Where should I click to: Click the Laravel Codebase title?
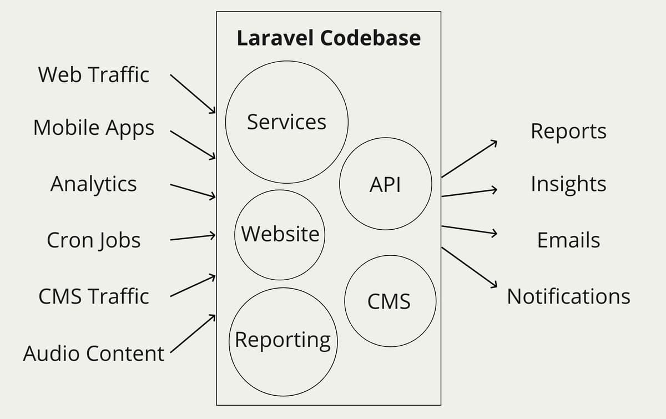click(329, 38)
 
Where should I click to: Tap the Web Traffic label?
click(94, 74)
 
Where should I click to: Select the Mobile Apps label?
click(94, 128)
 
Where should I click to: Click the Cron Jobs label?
click(94, 240)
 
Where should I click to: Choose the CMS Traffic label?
click(94, 296)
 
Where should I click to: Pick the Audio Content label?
click(94, 354)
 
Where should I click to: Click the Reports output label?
click(568, 132)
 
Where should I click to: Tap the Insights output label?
click(568, 184)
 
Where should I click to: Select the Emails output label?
click(568, 240)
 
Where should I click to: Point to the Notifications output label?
click(568, 296)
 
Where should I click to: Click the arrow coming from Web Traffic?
click(193, 94)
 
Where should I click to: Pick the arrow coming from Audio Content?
click(193, 334)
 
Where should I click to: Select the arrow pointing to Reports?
click(470, 159)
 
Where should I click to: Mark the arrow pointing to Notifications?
click(470, 267)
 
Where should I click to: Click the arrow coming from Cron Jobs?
click(193, 238)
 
